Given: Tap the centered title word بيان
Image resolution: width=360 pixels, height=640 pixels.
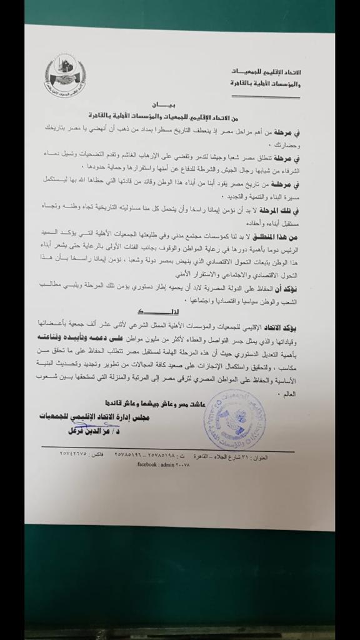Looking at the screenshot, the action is click(166, 107).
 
